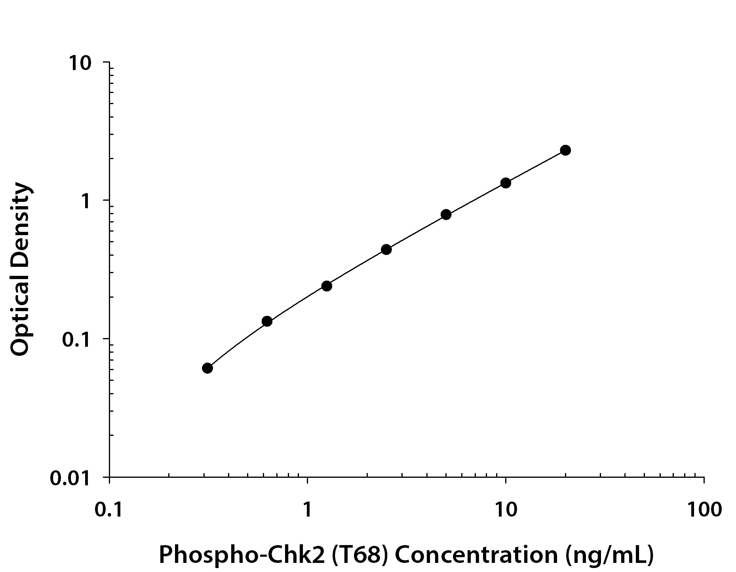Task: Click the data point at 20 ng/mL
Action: tap(565, 150)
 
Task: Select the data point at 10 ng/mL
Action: tap(506, 183)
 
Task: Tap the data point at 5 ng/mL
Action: tap(446, 215)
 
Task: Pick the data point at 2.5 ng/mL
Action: tap(386, 249)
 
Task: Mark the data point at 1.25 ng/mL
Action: tap(327, 286)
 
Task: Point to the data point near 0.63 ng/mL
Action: tap(267, 321)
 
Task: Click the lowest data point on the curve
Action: tap(207, 368)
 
